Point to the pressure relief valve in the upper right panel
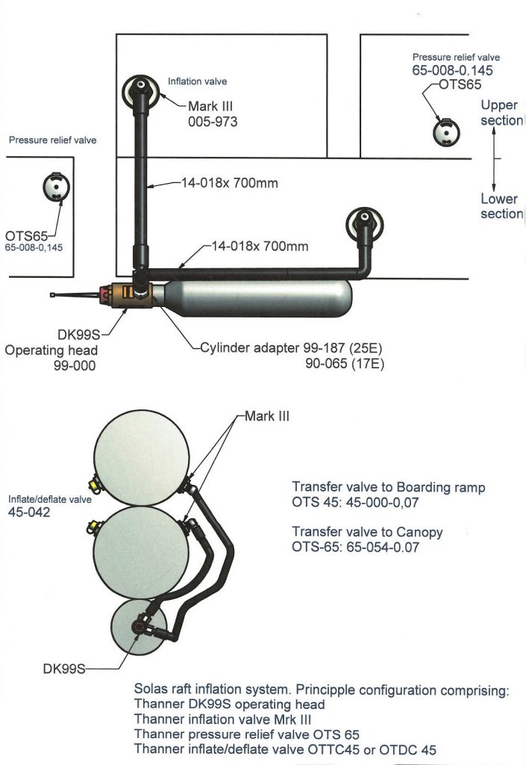(x=446, y=131)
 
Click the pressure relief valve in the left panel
(x=54, y=187)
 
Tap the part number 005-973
(x=213, y=120)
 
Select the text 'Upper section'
(x=501, y=113)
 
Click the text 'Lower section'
(x=501, y=206)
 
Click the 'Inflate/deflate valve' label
(x=49, y=500)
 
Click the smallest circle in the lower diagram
(x=138, y=626)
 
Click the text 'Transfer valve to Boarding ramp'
(x=388, y=487)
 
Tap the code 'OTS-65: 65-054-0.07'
(x=355, y=546)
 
